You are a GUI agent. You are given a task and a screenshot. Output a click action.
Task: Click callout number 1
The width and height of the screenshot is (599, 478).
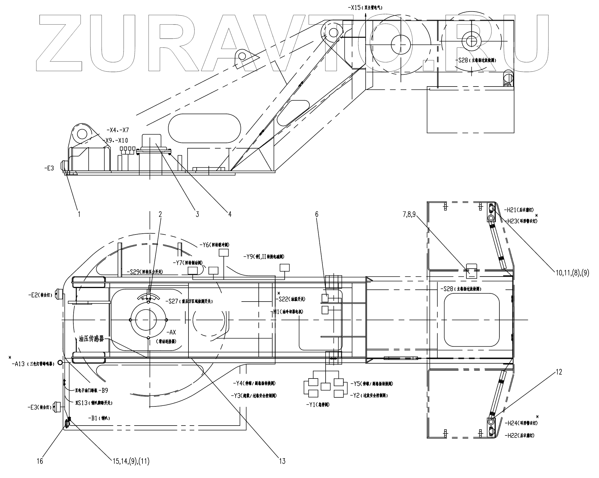79,214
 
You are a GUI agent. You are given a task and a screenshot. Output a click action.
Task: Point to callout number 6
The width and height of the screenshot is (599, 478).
317,214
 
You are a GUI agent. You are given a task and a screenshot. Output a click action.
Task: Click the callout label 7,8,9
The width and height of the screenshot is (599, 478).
409,214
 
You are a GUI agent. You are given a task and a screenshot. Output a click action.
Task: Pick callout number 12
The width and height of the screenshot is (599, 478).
559,372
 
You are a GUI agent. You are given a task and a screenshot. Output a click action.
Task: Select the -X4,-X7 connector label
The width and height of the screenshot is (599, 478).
118,130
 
